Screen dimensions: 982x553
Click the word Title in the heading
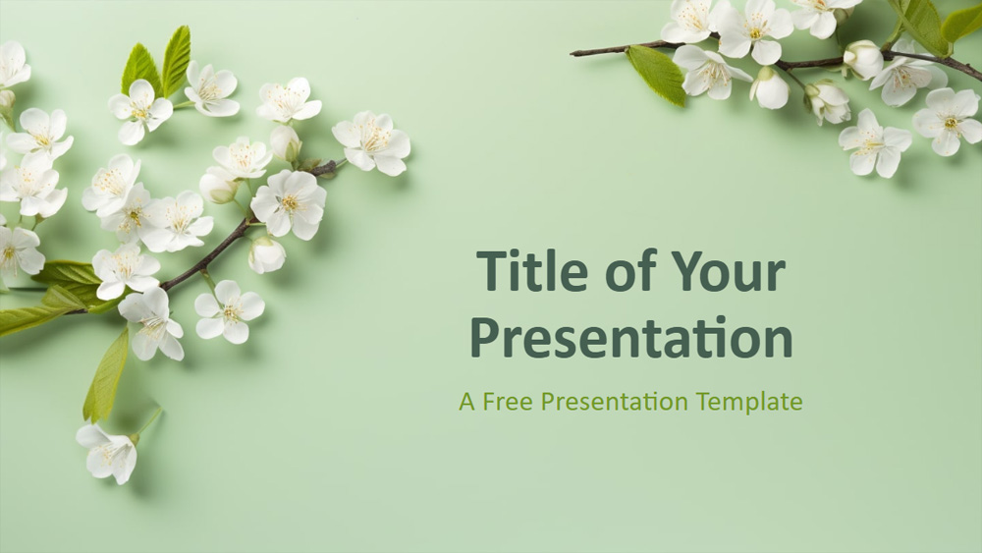[x=533, y=270]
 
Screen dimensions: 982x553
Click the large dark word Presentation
[x=631, y=338]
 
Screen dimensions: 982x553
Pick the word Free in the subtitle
[x=507, y=401]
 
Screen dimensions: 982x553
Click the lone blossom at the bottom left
[x=108, y=452]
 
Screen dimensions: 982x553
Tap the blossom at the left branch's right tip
[x=371, y=142]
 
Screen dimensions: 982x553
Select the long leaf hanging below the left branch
[x=106, y=375]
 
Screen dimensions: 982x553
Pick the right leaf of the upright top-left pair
[x=176, y=61]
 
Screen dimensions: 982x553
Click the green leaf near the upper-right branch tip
[x=656, y=75]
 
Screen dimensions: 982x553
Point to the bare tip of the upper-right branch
[x=573, y=54]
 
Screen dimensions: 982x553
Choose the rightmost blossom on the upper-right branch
[x=948, y=121]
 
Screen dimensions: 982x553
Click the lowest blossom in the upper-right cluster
[x=874, y=143]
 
